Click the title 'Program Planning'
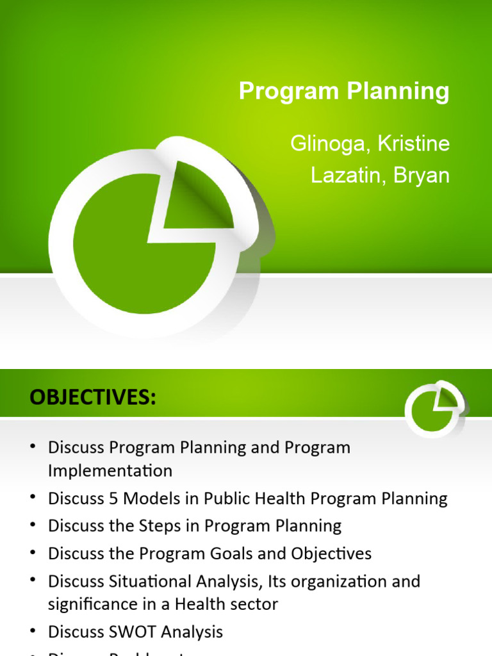coord(344,92)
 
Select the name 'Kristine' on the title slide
coord(413,143)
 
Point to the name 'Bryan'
coord(422,175)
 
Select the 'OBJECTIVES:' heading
coord(92,398)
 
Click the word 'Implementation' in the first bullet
coord(110,471)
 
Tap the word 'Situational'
coord(145,582)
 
